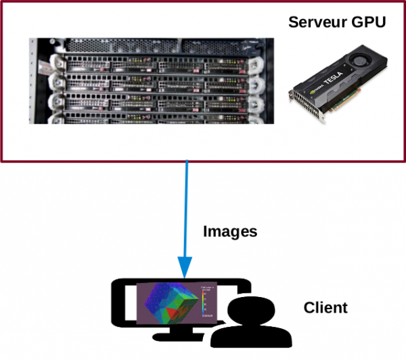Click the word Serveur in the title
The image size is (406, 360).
coord(319,22)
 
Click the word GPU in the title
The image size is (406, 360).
coord(368,22)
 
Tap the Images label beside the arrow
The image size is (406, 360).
coord(230,231)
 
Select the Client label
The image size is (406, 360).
coord(325,308)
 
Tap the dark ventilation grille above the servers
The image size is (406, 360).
coord(149,47)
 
